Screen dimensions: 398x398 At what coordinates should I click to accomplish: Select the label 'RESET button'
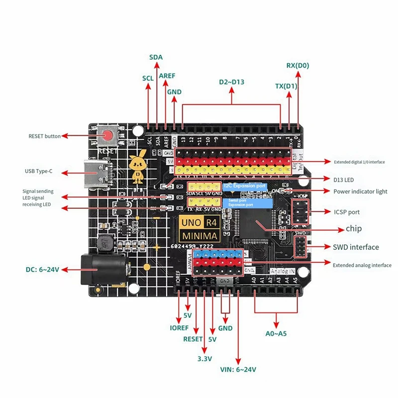(x=44, y=136)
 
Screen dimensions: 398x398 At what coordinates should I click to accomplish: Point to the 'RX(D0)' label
(x=298, y=65)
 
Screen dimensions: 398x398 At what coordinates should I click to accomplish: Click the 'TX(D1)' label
(x=286, y=86)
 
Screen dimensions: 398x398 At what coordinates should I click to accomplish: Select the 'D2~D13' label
(x=232, y=82)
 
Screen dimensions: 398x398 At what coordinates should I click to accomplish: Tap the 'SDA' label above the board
(x=156, y=57)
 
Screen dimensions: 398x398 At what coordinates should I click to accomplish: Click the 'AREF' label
(x=167, y=76)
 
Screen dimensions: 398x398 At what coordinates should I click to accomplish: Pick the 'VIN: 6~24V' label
(x=238, y=370)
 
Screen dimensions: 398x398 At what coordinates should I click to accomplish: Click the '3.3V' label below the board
(x=204, y=359)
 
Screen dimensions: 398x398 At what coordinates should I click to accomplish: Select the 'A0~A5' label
(x=276, y=334)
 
